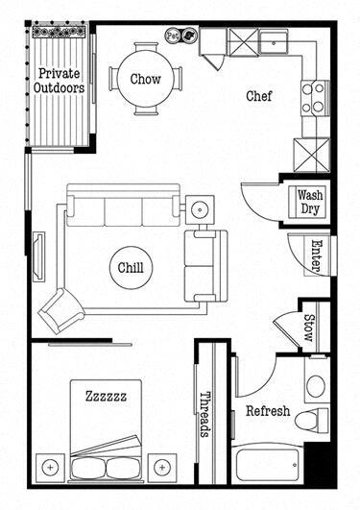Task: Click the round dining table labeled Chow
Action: tap(145, 79)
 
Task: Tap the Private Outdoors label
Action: tap(60, 80)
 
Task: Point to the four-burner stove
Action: tap(313, 96)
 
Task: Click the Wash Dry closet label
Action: tap(309, 200)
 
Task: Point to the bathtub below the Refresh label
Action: tap(267, 465)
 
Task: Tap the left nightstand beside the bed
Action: tap(50, 467)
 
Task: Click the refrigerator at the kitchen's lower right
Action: tap(311, 153)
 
